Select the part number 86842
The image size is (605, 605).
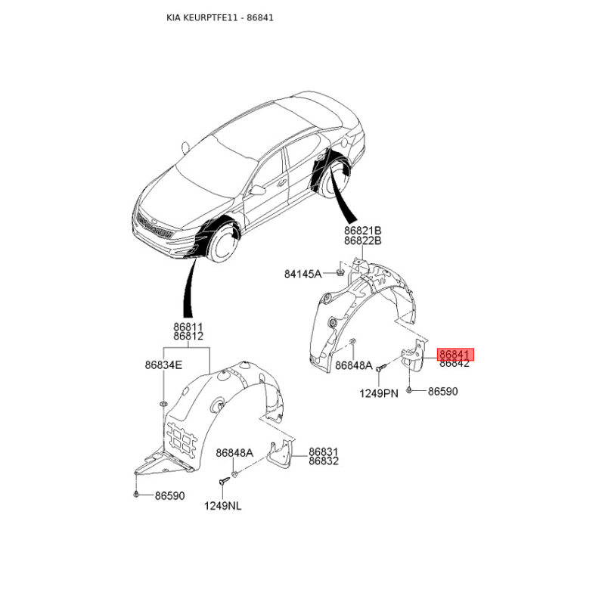click(x=455, y=364)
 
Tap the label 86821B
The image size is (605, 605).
click(x=362, y=231)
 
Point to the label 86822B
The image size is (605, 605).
click(x=362, y=241)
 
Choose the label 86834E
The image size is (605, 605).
click(x=164, y=365)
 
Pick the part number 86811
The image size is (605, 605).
click(x=188, y=327)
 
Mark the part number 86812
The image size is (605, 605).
click(x=188, y=337)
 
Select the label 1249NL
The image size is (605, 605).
click(x=222, y=506)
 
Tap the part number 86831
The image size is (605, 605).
click(x=324, y=451)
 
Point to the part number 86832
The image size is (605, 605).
click(x=324, y=461)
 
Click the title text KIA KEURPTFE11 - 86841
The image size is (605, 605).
click(x=220, y=17)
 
